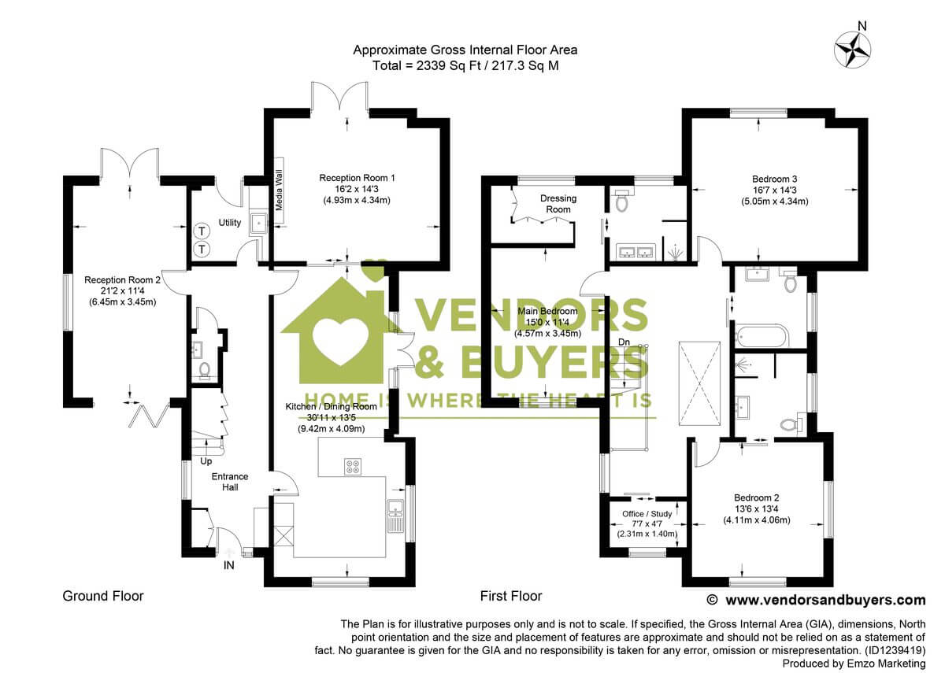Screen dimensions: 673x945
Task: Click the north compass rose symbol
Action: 853,49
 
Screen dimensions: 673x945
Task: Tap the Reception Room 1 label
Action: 357,179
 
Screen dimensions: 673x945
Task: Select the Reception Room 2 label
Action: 122,280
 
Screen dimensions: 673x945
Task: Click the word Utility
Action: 230,223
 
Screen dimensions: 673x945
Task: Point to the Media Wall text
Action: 279,188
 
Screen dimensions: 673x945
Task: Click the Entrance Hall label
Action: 229,482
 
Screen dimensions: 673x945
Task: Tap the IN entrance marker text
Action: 229,564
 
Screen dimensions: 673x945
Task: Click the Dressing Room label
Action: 558,204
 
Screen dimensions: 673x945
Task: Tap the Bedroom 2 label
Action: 757,497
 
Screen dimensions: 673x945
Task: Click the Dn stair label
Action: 624,342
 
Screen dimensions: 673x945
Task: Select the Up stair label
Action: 206,460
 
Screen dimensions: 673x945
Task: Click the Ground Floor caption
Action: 103,596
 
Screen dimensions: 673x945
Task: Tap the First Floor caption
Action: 511,596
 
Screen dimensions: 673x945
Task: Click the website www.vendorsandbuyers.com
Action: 825,600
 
